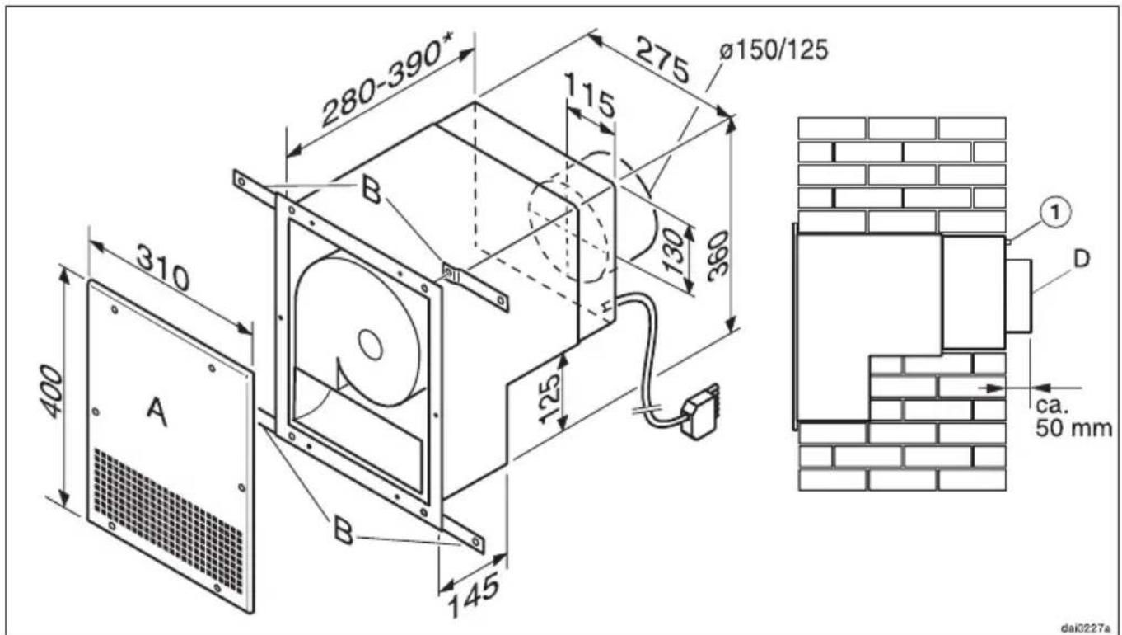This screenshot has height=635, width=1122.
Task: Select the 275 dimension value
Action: tap(662, 59)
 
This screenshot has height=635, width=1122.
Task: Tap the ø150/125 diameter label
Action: tap(774, 50)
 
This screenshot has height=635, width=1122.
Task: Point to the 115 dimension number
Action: tap(590, 95)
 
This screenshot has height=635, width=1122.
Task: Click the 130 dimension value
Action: tap(675, 252)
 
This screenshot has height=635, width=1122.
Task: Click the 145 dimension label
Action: tap(474, 600)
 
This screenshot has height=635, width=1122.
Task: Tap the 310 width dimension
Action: tap(163, 267)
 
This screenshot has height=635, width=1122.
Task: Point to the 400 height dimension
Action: tap(52, 392)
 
